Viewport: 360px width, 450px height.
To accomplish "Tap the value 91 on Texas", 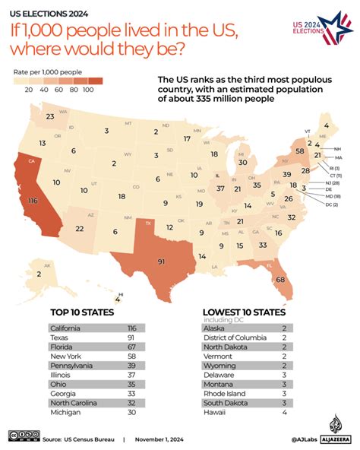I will pos(162,262).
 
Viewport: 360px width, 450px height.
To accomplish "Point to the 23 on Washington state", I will pos(50,116).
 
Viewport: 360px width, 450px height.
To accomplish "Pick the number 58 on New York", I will pos(300,152).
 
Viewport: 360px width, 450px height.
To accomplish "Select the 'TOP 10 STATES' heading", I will pos(82,312).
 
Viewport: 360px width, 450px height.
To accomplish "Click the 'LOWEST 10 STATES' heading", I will pos(245,312).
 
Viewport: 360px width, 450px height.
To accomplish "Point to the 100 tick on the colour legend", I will pos(88,90).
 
